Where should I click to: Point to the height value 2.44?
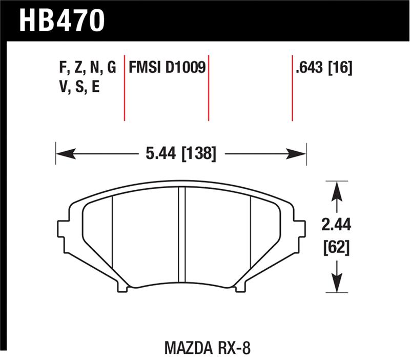point(336,225)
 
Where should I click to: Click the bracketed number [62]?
point(336,248)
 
